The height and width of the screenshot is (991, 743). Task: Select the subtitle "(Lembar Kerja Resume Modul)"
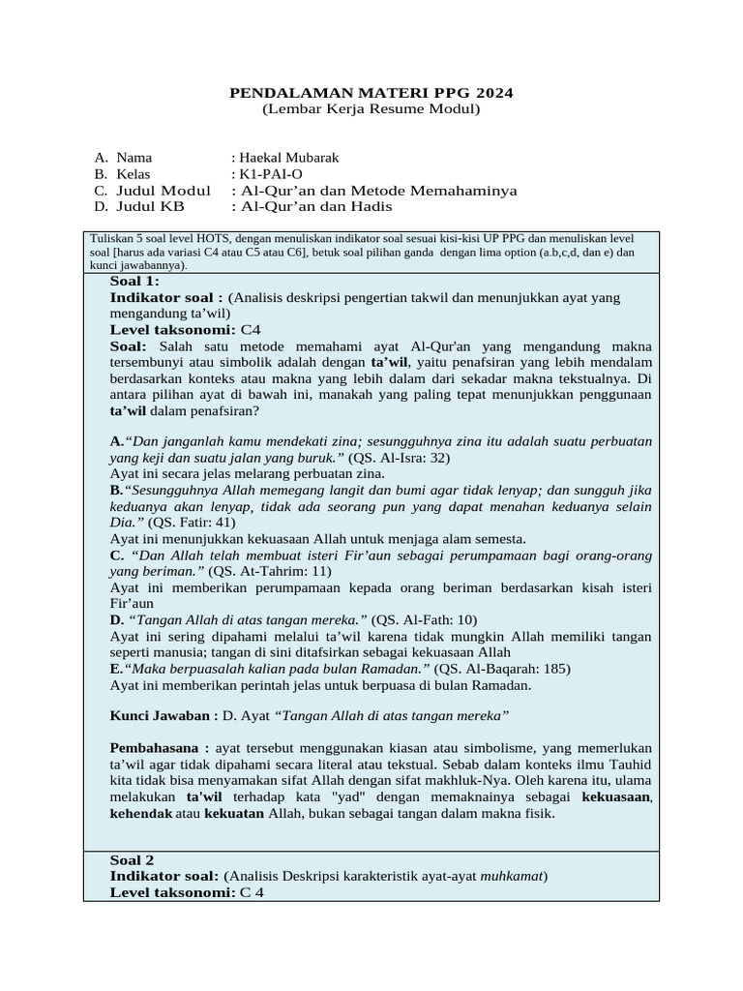(371, 109)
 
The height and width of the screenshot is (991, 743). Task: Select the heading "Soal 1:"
(134, 282)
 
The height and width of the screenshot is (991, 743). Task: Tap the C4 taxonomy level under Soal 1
(251, 329)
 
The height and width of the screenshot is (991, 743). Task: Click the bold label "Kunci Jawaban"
(161, 715)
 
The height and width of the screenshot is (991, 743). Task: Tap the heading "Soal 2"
(133, 859)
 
